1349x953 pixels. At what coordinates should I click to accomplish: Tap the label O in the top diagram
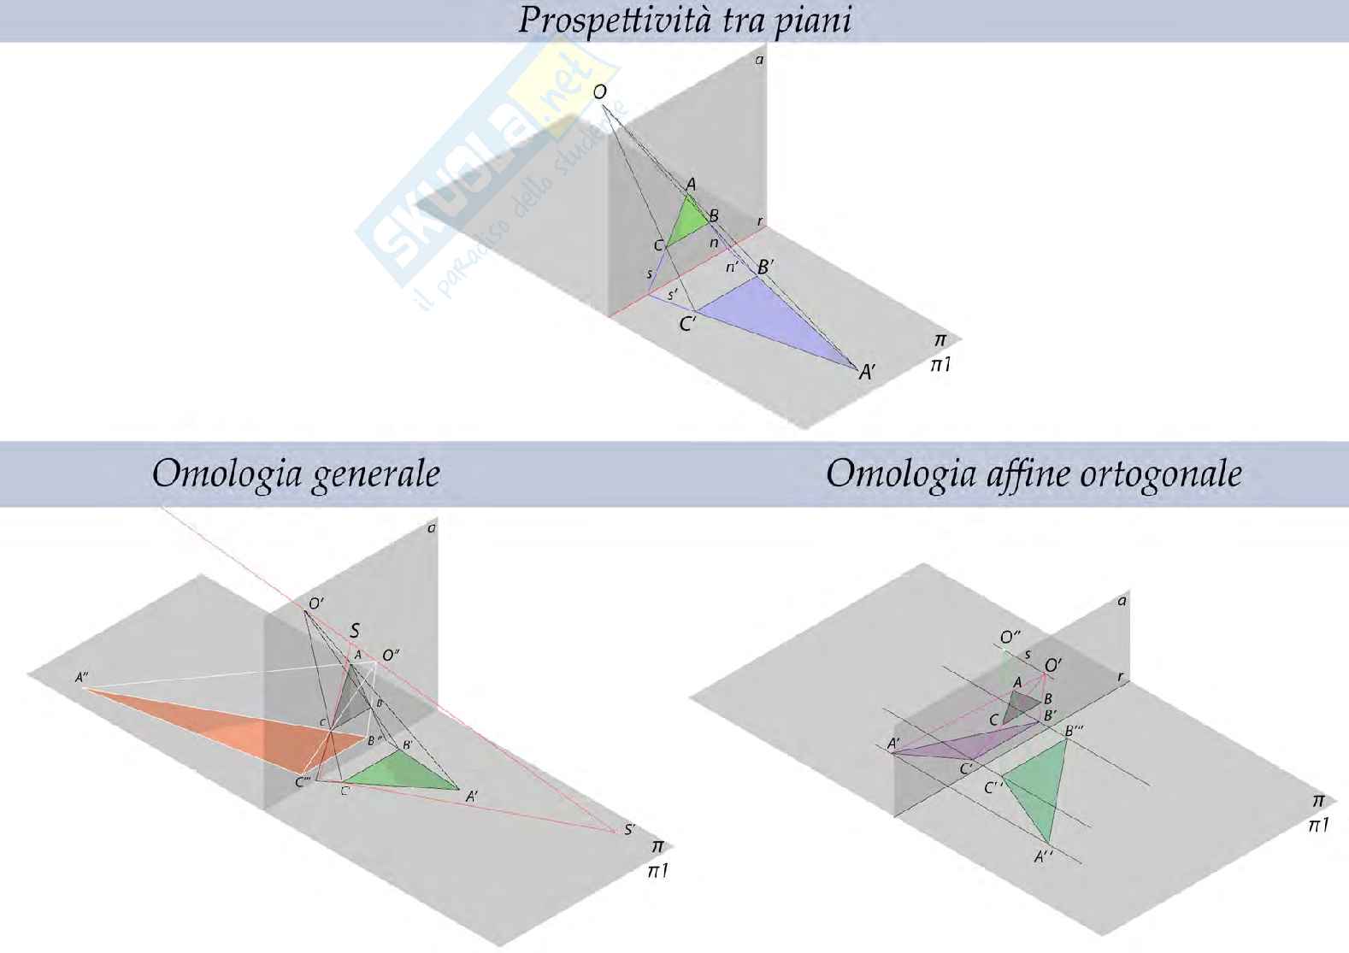[x=600, y=92]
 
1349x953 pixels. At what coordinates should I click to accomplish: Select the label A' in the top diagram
[x=868, y=372]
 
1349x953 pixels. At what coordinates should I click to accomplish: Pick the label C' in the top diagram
[x=687, y=325]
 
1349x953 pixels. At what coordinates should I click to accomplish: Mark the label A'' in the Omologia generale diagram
[x=83, y=678]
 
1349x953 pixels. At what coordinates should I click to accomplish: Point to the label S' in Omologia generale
[x=630, y=828]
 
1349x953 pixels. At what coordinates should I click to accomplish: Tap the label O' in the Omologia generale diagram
[x=315, y=603]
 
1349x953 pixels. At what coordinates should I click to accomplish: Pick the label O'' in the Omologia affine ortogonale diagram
[x=1010, y=637]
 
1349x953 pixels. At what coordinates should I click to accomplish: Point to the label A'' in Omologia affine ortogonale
[x=1043, y=856]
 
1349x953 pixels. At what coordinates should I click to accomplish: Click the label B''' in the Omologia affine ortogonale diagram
[x=1074, y=731]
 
